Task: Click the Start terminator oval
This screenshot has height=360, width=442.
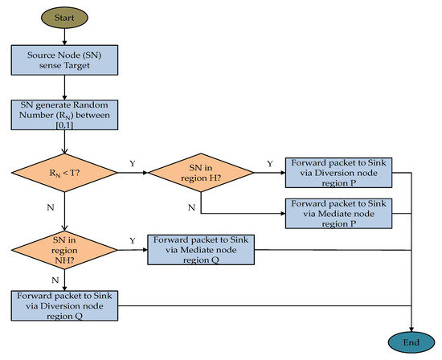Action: click(63, 16)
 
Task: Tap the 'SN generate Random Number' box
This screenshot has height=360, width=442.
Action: click(63, 113)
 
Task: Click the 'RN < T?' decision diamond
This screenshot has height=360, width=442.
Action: click(63, 170)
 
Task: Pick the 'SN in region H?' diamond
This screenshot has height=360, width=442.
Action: click(200, 170)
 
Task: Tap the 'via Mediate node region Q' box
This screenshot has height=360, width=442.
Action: click(200, 250)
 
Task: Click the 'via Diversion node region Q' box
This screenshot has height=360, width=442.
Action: click(63, 305)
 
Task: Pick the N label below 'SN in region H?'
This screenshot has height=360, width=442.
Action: click(190, 207)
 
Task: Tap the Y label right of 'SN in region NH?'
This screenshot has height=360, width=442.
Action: click(133, 241)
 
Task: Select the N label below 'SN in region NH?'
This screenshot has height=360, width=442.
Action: click(54, 280)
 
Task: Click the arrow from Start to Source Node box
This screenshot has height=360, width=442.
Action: click(63, 36)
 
